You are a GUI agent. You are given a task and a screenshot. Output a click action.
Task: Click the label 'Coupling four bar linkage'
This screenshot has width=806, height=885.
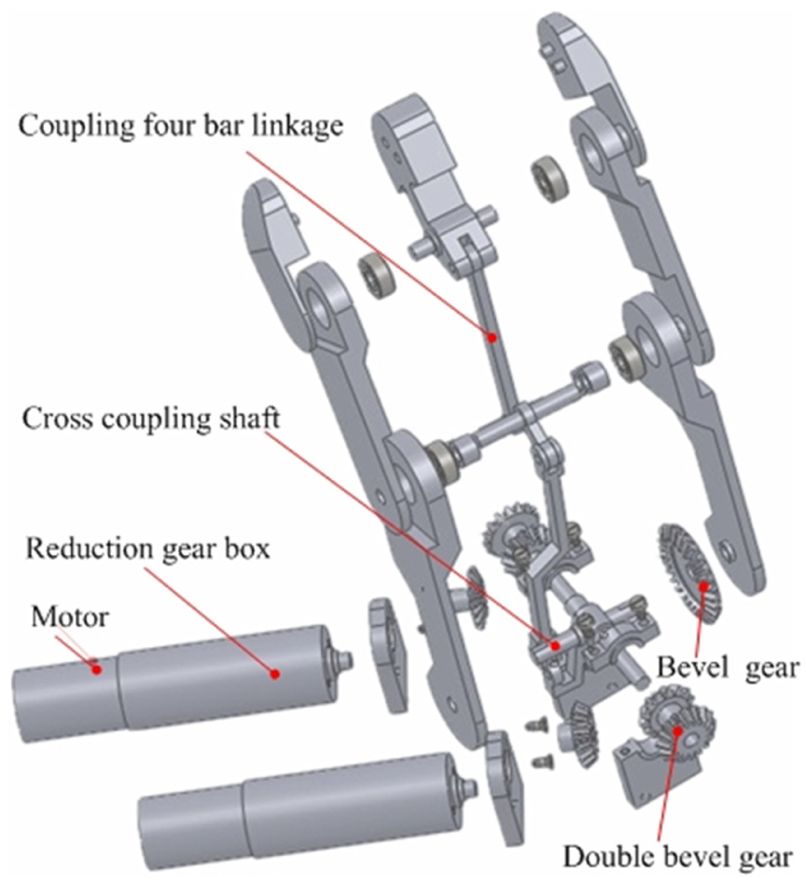181,125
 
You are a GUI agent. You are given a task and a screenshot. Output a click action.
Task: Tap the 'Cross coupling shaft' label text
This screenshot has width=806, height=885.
151,419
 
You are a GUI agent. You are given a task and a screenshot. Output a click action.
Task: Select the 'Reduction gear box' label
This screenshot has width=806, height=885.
148,548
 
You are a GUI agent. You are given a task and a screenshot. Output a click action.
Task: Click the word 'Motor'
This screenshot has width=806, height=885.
69,617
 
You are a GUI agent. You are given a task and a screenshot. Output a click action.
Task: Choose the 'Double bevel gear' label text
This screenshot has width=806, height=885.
677,857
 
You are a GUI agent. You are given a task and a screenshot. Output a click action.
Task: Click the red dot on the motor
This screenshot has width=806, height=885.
97,670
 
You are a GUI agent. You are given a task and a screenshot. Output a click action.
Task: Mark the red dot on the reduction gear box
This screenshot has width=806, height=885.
275,673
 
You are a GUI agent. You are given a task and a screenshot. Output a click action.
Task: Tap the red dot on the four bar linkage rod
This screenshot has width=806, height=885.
493,338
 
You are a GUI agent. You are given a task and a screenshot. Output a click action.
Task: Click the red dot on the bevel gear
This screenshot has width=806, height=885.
703,586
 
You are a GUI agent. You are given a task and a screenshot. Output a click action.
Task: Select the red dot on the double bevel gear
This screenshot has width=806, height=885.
676,730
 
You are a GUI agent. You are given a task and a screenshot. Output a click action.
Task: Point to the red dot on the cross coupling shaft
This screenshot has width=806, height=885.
555,645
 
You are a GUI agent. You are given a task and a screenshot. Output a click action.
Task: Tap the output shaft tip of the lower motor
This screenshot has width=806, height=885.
472,787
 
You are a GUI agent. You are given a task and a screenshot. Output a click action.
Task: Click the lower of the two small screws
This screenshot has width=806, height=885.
542,762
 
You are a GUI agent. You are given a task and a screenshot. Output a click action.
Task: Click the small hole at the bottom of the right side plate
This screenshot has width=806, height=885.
727,547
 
